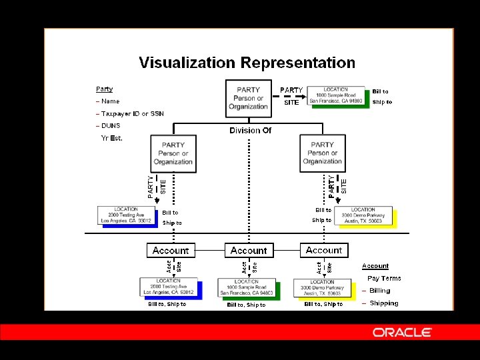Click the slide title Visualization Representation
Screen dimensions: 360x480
(247, 63)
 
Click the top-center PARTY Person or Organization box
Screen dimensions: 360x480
(248, 98)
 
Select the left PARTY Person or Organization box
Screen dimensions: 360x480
(173, 153)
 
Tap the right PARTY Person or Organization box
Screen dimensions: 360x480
(322, 153)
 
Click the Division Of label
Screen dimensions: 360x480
(250, 131)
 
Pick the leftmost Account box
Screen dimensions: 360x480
(171, 251)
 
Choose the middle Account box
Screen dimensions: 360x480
(248, 251)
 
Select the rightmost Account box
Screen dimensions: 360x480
(324, 250)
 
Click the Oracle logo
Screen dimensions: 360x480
(402, 332)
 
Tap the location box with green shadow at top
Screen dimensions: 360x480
(336, 95)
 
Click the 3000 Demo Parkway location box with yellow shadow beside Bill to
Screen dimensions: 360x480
(363, 215)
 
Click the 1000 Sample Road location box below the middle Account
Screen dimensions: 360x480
(246, 287)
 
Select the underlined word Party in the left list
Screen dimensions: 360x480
(104, 89)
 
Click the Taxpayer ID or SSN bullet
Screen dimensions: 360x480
(132, 114)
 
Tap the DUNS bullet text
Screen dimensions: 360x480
(110, 126)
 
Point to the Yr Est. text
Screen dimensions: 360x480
(112, 138)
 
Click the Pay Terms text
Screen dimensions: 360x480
(384, 279)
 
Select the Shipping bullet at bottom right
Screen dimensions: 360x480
(384, 303)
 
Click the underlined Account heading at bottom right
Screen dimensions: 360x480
(375, 266)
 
